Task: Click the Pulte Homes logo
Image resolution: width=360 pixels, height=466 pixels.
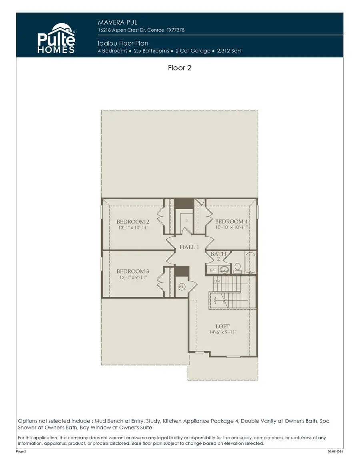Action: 56,38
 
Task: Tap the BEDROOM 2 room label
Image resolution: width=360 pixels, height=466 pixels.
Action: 133,222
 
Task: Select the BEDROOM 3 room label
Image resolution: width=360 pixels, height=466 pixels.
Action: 133,271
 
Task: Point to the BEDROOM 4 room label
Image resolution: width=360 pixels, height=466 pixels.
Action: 231,222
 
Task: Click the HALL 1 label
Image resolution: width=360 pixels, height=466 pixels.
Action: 189,247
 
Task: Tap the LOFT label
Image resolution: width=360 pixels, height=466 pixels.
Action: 222,326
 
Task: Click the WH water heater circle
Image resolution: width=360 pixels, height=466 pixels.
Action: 181,286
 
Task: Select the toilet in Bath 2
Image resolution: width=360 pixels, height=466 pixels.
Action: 237,268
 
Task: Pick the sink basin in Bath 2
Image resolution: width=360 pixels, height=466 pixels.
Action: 225,270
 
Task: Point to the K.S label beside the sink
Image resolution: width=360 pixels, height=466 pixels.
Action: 213,270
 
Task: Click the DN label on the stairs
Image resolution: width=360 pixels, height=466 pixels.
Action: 217,281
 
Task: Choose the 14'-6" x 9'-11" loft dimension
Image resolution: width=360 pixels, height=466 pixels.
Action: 222,332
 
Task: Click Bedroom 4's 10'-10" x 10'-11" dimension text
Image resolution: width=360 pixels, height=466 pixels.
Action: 231,227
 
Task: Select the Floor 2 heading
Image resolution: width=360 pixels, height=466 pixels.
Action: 180,68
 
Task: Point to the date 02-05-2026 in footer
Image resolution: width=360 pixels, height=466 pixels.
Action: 335,452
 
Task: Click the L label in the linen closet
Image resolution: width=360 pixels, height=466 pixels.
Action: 187,220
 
